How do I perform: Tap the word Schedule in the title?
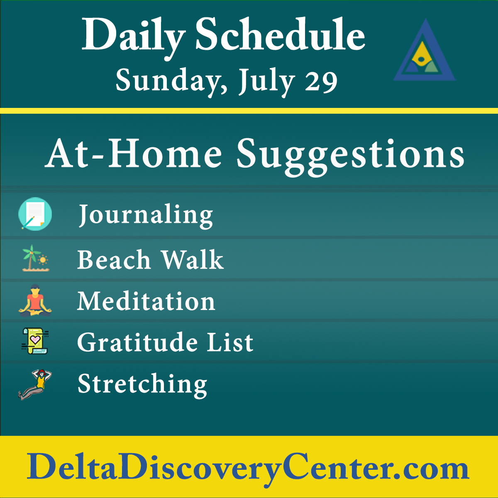(280, 35)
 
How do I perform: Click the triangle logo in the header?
(424, 52)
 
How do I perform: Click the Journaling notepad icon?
(35, 214)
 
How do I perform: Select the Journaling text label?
(146, 215)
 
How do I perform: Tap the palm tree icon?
(35, 258)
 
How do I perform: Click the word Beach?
(114, 260)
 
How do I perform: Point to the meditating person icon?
(35, 300)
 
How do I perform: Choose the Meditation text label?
(146, 301)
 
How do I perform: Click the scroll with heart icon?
(35, 341)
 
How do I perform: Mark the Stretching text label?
(142, 384)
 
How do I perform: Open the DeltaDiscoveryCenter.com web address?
(248, 467)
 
